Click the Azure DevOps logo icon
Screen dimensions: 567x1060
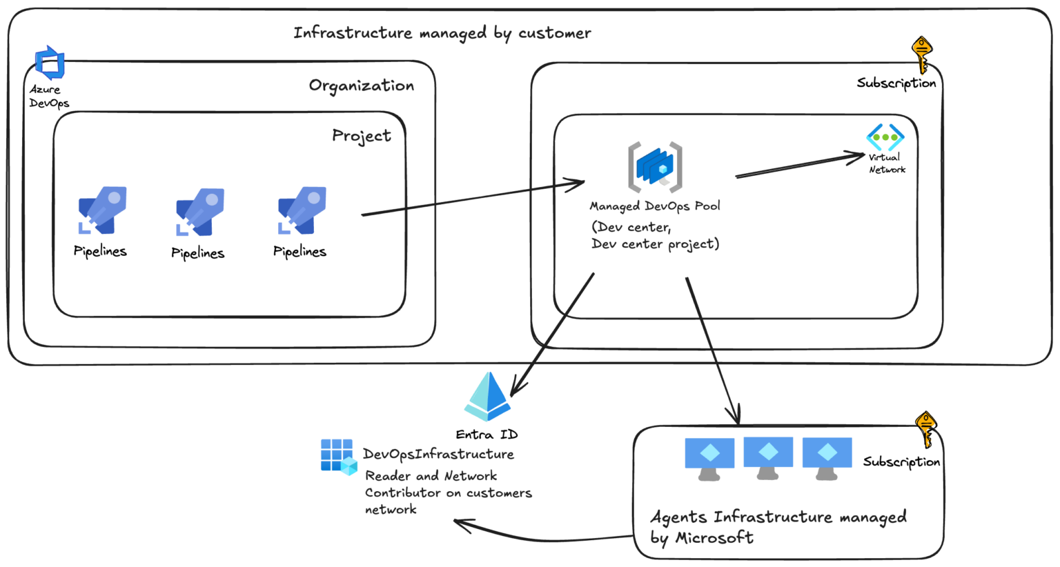[x=50, y=63]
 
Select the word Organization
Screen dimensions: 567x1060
[x=361, y=86]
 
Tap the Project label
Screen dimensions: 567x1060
[x=361, y=136]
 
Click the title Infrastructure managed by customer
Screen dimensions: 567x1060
[x=442, y=33]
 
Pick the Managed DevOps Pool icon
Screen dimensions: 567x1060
[x=655, y=166]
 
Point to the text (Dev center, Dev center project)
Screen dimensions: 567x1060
[x=654, y=235]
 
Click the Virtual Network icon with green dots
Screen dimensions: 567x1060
[x=885, y=137]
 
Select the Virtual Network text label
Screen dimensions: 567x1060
[x=887, y=163]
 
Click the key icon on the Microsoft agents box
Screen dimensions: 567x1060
[x=925, y=429]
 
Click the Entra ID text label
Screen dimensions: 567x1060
[x=487, y=435]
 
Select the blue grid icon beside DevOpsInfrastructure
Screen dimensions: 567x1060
[x=338, y=457]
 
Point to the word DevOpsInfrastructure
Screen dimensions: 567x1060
[x=438, y=455]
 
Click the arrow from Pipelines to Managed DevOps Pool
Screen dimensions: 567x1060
[x=473, y=199]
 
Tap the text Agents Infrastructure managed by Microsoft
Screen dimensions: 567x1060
[x=778, y=527]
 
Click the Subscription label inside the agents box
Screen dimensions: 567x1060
[x=901, y=461]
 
